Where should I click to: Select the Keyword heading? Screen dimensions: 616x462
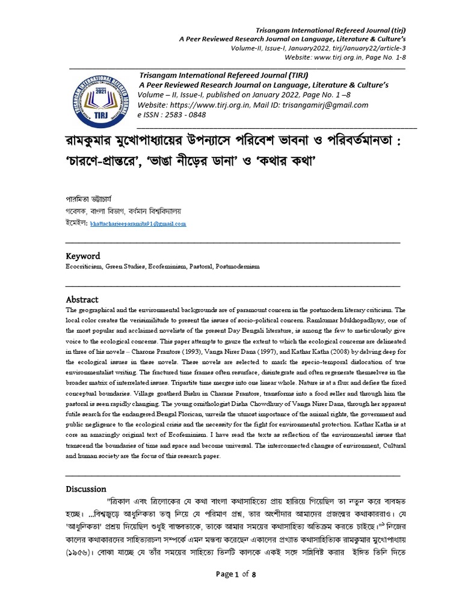coord(82,256)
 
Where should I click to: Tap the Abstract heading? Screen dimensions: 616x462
coord(82,300)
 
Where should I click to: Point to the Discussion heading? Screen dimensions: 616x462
coord(85,489)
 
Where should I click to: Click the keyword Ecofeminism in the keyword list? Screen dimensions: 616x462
coord(166,265)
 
